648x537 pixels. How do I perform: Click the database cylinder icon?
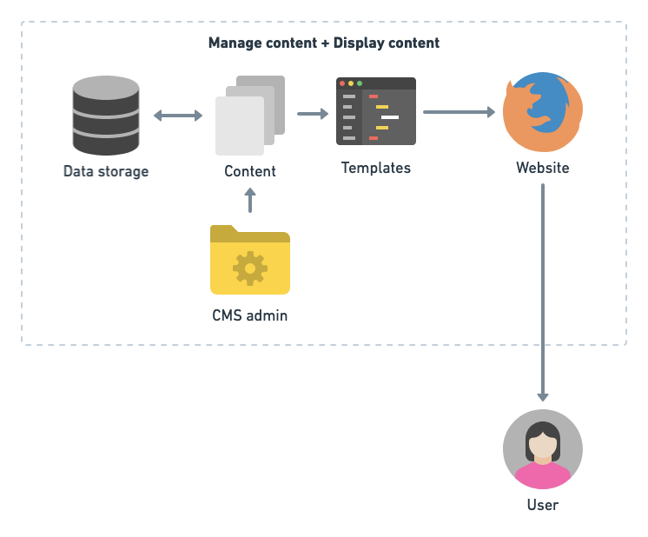(x=106, y=116)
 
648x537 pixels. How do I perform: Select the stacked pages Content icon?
(x=250, y=116)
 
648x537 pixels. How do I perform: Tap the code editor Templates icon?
(x=376, y=111)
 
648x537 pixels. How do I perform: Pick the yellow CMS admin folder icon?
(x=250, y=261)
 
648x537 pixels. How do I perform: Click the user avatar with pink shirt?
(x=543, y=449)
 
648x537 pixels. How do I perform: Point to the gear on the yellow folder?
(x=250, y=268)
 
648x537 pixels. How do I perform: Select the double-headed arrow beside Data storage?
(x=178, y=115)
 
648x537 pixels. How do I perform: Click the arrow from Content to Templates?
(x=313, y=114)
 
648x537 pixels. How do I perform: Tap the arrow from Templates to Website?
(x=459, y=112)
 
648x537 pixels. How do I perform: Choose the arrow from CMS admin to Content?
(x=251, y=201)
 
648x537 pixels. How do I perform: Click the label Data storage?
(x=106, y=171)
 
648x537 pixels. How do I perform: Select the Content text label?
(x=250, y=171)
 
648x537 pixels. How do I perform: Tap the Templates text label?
(x=376, y=168)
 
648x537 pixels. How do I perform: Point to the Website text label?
(x=543, y=168)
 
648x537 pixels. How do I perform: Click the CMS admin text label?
(x=250, y=315)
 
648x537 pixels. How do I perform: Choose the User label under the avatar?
(x=543, y=505)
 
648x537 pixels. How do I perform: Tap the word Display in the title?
(x=359, y=43)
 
